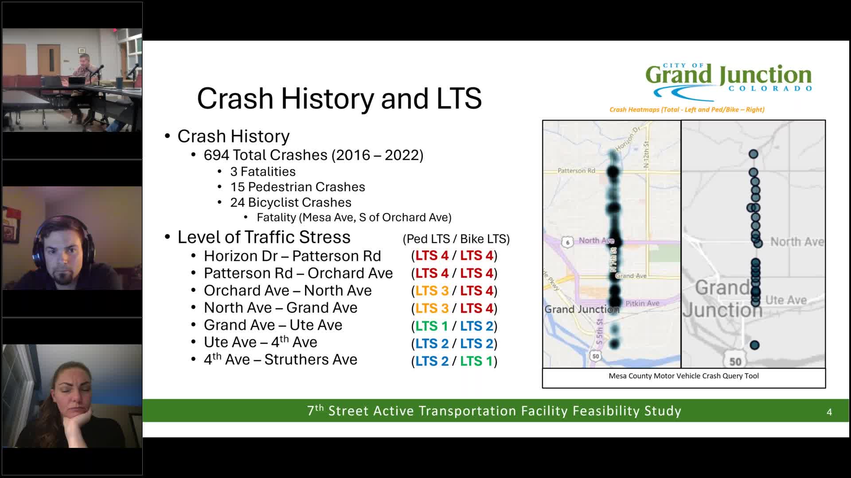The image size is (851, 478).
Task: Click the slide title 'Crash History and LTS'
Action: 339,98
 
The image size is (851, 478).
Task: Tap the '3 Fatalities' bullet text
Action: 262,172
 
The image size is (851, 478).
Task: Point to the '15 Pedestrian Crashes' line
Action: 297,187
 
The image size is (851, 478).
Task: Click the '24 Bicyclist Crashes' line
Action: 290,203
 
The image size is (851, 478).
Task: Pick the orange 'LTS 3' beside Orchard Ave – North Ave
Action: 432,291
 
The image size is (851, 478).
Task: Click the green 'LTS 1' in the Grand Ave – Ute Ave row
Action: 432,326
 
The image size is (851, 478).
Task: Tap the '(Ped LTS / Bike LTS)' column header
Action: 456,239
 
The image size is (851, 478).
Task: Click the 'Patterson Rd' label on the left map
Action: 576,171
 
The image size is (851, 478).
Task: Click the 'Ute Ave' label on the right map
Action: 785,300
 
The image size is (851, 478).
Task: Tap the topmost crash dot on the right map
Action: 753,154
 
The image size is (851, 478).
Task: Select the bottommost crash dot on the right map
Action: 754,345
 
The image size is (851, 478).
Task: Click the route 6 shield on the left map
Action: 567,242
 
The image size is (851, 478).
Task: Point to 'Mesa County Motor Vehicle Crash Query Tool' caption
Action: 683,376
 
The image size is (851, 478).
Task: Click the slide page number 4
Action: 829,412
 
